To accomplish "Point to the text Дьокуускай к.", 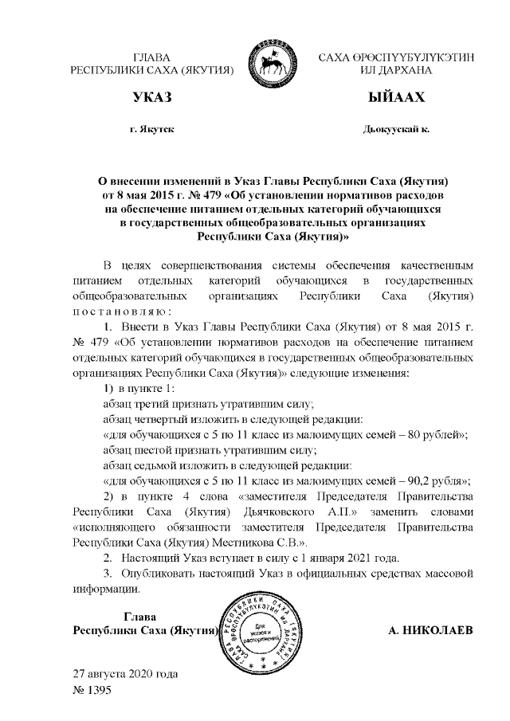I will coord(395,128).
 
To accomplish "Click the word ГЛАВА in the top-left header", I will coord(152,57).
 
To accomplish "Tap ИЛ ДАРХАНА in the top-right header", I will coord(395,70).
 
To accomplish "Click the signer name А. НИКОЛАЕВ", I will coord(430,630).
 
